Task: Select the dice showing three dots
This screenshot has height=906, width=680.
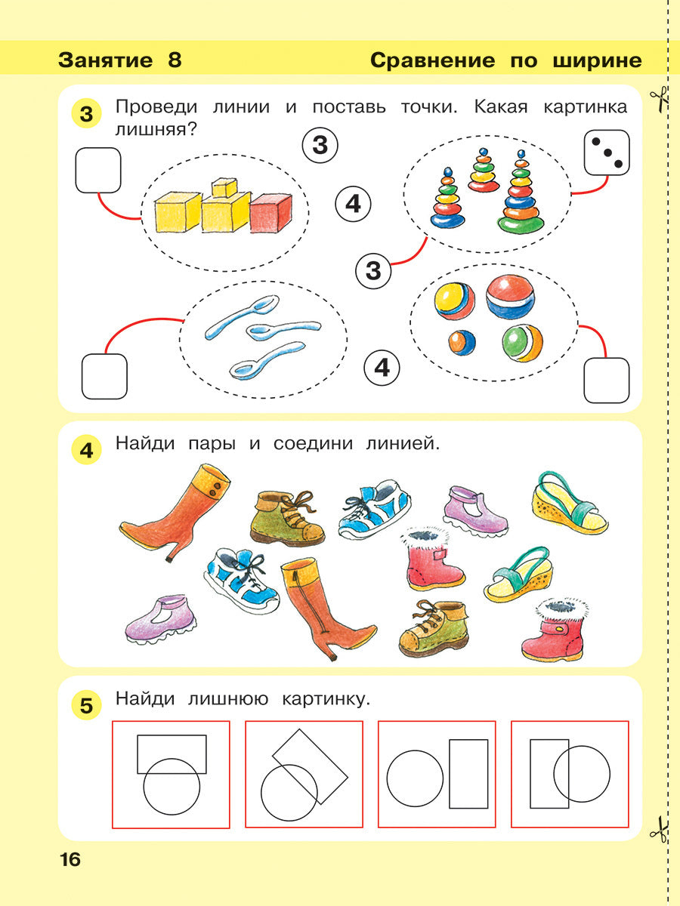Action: coord(607,153)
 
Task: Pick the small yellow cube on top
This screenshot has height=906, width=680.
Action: coord(224,187)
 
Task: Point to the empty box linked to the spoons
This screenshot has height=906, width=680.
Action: coord(104,377)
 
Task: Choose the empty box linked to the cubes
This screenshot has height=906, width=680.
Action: coord(98,170)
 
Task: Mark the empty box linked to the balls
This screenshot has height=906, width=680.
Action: coord(606,380)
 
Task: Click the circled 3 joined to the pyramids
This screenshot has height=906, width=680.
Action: coord(373,270)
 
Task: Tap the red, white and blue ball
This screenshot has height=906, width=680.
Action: coord(511,296)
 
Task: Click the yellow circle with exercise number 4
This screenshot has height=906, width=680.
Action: coord(85,451)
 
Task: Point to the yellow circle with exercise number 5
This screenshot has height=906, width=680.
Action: coord(85,707)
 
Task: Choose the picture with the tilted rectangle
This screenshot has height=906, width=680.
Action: coord(304,775)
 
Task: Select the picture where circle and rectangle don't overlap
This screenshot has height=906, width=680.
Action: coord(437,775)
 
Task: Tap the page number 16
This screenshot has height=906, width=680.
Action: coord(70,860)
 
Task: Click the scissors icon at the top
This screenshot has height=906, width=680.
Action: coord(659,100)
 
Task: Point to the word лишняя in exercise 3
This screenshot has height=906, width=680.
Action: coord(151,129)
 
